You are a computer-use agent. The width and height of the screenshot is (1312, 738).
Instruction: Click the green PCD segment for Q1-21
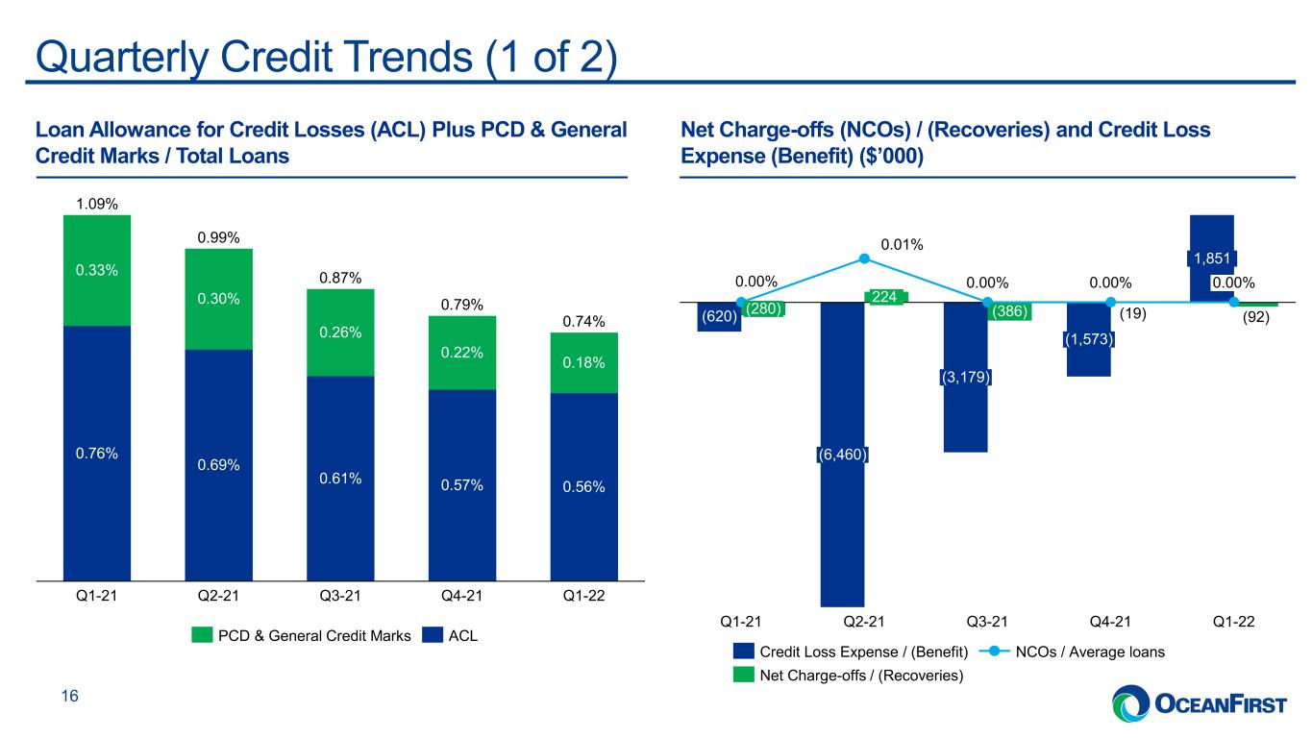(x=97, y=271)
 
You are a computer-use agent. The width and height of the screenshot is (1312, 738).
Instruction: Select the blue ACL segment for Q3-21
(x=340, y=479)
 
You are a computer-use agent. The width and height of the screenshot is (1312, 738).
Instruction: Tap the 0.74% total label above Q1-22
(x=583, y=322)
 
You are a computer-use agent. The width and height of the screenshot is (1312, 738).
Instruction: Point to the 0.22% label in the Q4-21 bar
(x=461, y=353)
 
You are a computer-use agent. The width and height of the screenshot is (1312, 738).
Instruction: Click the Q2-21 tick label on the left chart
(x=218, y=596)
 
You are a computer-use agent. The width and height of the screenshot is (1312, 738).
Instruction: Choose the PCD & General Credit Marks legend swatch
(x=202, y=635)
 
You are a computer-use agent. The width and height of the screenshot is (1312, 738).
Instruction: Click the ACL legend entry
(x=450, y=635)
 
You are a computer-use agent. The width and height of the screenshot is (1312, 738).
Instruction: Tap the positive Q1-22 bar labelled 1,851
(x=1212, y=258)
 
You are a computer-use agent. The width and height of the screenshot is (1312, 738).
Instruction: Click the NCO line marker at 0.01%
(x=864, y=258)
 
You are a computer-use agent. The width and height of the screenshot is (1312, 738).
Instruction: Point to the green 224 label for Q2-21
(x=884, y=297)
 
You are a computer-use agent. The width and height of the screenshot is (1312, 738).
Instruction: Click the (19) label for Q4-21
(x=1133, y=314)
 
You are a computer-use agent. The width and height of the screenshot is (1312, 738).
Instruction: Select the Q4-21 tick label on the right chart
(x=1110, y=622)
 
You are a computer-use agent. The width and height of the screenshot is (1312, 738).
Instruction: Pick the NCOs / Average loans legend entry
(x=1072, y=652)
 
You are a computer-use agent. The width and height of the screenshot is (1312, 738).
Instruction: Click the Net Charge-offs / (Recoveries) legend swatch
(x=743, y=676)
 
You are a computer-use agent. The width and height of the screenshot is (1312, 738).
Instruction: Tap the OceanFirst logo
(x=1200, y=702)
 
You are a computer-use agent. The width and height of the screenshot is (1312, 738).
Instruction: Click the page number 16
(x=70, y=696)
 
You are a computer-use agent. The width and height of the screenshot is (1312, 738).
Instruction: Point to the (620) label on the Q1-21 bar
(x=719, y=317)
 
